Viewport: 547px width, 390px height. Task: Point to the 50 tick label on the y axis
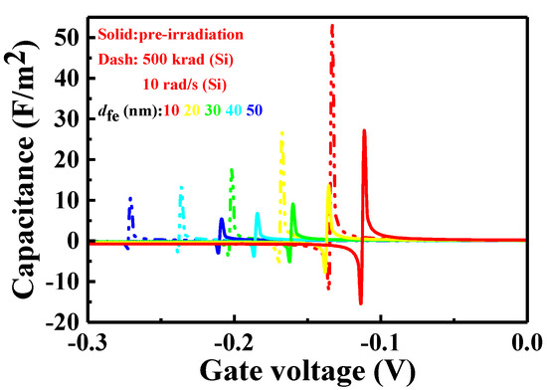pos(65,36)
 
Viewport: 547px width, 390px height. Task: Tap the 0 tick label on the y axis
pos(72,241)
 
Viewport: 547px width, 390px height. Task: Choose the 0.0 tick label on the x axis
pos(525,341)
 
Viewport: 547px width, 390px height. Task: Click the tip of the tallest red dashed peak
pos(332,26)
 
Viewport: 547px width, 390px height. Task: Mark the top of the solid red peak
pos(365,130)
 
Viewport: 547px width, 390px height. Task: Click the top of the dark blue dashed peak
pos(130,198)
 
